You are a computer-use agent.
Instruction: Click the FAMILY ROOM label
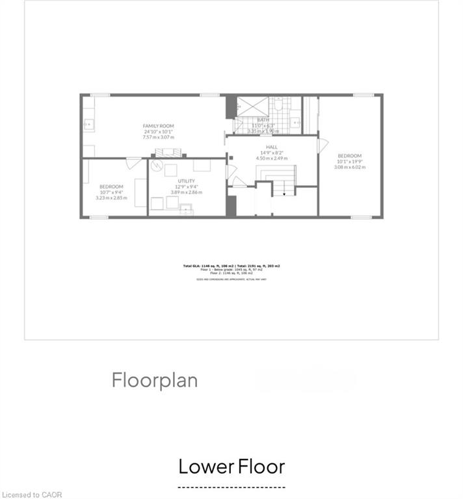(x=159, y=126)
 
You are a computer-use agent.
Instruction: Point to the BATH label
(x=263, y=120)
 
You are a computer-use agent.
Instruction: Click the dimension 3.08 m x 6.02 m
(x=350, y=167)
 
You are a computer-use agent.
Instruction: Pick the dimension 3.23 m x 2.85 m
(x=111, y=198)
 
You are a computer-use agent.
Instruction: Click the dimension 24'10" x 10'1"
(x=159, y=132)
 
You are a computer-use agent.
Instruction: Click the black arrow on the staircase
(x=284, y=193)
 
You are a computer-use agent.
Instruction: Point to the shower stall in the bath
(x=248, y=105)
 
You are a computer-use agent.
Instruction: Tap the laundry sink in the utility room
(x=187, y=209)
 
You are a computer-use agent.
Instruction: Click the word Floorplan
(x=155, y=379)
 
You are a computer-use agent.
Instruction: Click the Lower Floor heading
(x=231, y=467)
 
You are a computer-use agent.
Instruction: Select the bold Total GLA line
(x=231, y=266)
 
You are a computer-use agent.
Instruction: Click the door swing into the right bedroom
(x=321, y=146)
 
